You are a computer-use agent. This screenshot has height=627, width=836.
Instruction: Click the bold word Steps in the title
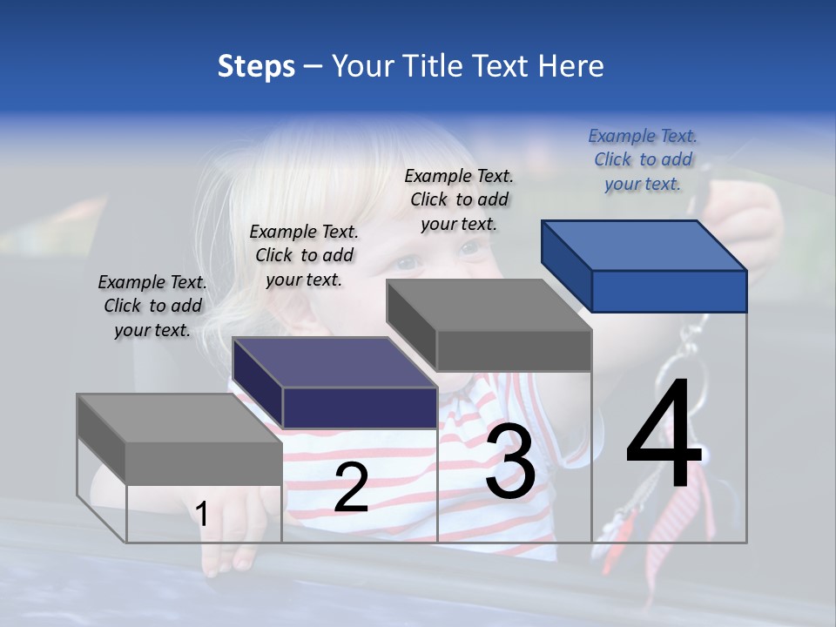point(256,66)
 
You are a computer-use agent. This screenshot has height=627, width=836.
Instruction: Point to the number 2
point(351,489)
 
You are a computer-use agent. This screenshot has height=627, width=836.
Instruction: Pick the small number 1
point(202,514)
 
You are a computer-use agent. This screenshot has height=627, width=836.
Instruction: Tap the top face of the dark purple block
point(334,361)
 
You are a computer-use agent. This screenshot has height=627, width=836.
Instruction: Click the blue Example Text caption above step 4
point(643,159)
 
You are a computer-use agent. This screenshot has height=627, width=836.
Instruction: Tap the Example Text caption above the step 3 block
point(459,199)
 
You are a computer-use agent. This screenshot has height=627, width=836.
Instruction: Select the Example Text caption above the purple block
point(304,255)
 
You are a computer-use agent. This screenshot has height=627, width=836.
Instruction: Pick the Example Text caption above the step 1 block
point(152,306)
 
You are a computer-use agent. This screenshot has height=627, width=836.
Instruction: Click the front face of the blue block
point(669,291)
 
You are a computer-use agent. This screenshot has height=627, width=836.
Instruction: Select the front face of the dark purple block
point(360,408)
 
